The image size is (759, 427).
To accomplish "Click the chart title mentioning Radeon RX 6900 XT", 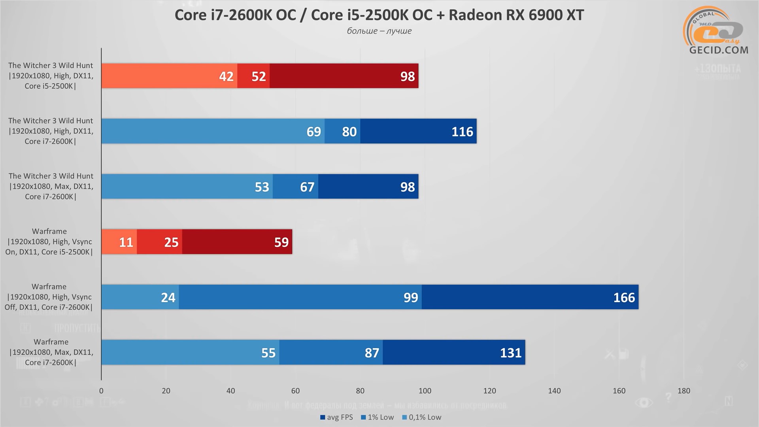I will tap(379, 15).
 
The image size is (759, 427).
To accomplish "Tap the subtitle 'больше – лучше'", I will tap(379, 31).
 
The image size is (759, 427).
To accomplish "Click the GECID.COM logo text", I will tap(719, 50).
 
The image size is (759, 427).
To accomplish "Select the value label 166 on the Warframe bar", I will tap(624, 297).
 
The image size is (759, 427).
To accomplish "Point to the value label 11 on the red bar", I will tap(126, 242).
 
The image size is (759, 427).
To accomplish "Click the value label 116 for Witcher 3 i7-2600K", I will tap(462, 131).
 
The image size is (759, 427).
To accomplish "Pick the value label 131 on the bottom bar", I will tap(511, 353).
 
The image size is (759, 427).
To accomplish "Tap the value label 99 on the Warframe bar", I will tap(411, 297).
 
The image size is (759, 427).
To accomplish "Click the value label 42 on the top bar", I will tap(226, 76).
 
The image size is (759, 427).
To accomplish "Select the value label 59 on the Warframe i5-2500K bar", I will tap(281, 242).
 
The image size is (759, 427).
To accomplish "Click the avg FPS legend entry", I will tap(337, 417).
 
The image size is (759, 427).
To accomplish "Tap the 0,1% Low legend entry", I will tap(422, 417).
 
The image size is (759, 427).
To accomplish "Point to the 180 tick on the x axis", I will tap(683, 391).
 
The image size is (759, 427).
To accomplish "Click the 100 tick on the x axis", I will tap(425, 391).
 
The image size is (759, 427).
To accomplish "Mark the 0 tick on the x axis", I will tap(101, 391).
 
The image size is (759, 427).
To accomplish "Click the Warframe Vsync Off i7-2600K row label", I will tap(49, 297).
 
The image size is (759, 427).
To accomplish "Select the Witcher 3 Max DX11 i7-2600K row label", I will tap(51, 186).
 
